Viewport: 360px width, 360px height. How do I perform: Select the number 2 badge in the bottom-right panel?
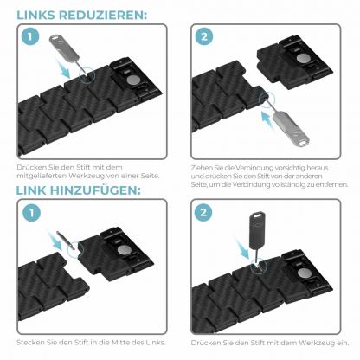[x=204, y=212]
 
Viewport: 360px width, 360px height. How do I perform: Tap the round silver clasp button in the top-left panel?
[x=133, y=80]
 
